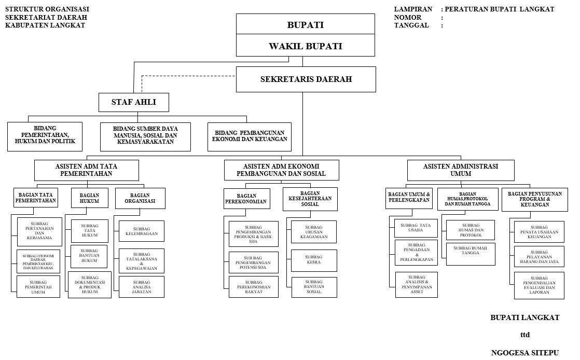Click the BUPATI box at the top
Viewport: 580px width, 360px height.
point(306,24)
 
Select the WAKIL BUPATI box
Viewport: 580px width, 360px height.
point(306,46)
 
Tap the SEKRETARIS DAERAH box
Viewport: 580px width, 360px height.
point(306,79)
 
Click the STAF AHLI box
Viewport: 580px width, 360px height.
point(133,102)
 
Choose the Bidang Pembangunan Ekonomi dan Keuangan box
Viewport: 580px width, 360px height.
point(250,136)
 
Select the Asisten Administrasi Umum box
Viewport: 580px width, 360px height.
point(461,170)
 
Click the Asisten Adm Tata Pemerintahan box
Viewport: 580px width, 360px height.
point(86,170)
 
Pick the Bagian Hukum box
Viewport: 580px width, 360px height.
point(90,198)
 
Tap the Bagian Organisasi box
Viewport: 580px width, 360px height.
point(140,198)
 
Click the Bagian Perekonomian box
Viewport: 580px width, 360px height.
point(247,199)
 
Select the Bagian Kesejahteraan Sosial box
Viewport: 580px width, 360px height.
point(310,199)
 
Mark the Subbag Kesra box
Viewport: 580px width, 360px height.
point(314,260)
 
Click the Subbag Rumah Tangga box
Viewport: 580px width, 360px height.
point(471,254)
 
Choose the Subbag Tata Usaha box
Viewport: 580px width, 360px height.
point(416,228)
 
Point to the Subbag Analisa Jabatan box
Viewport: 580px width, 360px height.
point(141,287)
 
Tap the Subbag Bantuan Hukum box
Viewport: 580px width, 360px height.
point(89,256)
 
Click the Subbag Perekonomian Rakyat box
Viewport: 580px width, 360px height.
point(253,287)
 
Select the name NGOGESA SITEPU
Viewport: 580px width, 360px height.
point(524,353)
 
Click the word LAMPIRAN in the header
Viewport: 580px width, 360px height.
point(413,9)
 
